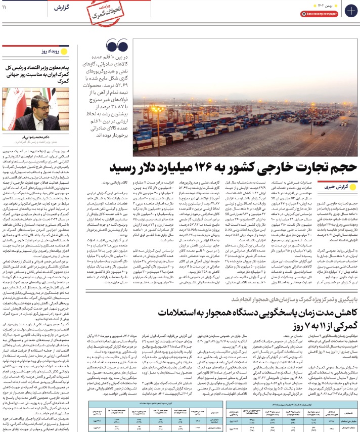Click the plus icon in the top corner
click(349, 11)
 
